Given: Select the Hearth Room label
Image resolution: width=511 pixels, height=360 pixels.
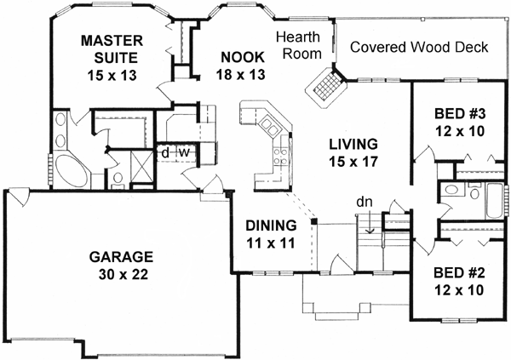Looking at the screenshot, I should click(302, 45).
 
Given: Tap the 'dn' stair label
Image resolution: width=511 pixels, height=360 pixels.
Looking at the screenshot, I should click(364, 202).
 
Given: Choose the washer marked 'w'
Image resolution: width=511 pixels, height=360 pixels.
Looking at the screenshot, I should click(181, 154).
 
